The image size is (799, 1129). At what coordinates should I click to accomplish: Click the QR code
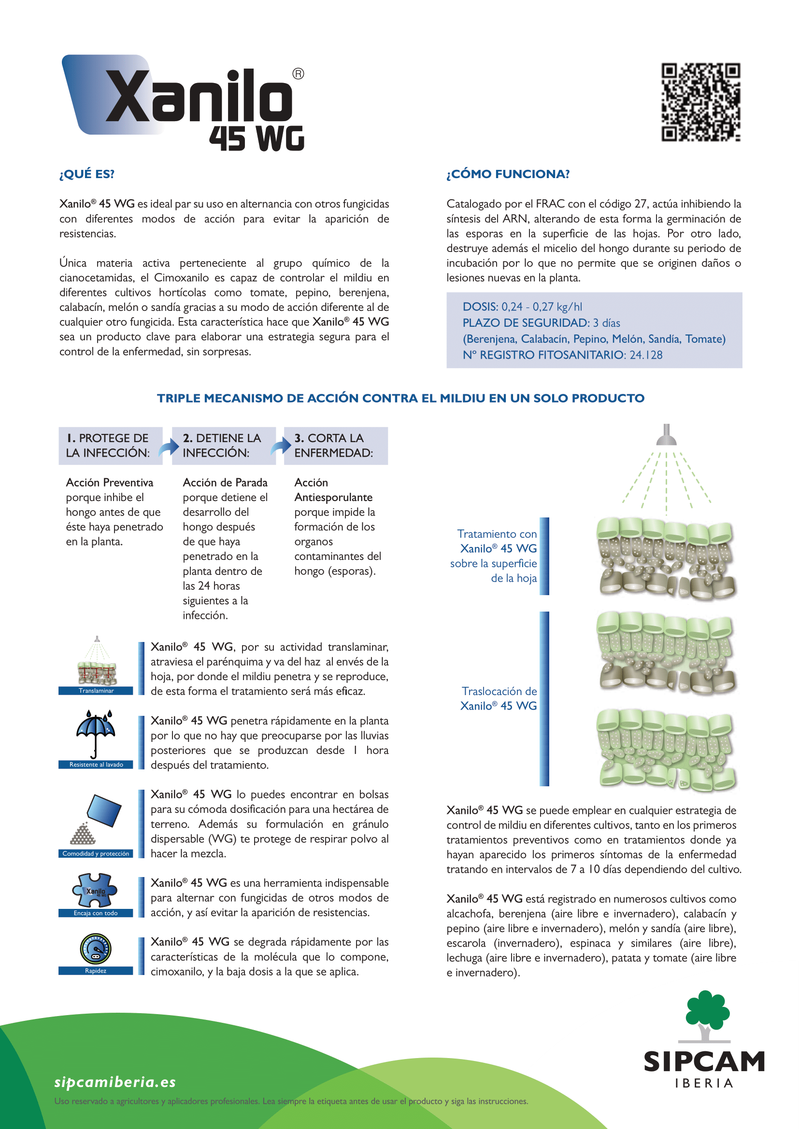click(x=700, y=102)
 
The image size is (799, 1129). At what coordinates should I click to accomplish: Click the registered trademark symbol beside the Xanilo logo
click(x=298, y=74)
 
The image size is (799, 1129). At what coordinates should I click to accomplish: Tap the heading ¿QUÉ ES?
click(x=86, y=174)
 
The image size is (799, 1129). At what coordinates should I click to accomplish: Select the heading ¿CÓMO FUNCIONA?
click(x=508, y=174)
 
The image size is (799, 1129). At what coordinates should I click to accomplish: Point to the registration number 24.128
click(x=646, y=355)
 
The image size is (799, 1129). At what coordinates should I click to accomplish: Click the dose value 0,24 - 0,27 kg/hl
click(x=541, y=307)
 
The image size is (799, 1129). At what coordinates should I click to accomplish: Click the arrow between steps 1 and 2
click(x=168, y=447)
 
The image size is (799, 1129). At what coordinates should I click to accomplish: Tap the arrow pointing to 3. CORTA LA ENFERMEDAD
click(x=281, y=446)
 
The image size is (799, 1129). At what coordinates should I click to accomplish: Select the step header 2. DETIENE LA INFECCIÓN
click(x=222, y=446)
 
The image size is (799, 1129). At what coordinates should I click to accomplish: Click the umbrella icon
click(x=96, y=733)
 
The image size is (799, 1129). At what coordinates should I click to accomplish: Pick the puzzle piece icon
click(x=96, y=891)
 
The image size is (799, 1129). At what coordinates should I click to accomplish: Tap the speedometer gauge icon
click(x=96, y=948)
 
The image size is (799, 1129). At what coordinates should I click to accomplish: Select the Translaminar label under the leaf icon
click(x=96, y=691)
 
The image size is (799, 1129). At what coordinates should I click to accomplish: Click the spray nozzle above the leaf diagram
click(x=666, y=436)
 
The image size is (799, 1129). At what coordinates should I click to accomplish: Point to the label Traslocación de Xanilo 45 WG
click(x=499, y=698)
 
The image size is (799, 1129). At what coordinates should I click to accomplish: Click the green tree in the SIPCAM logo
click(x=707, y=1014)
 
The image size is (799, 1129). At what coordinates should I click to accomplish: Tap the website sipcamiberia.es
click(x=115, y=1082)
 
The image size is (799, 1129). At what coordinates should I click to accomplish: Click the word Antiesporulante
click(x=333, y=498)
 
